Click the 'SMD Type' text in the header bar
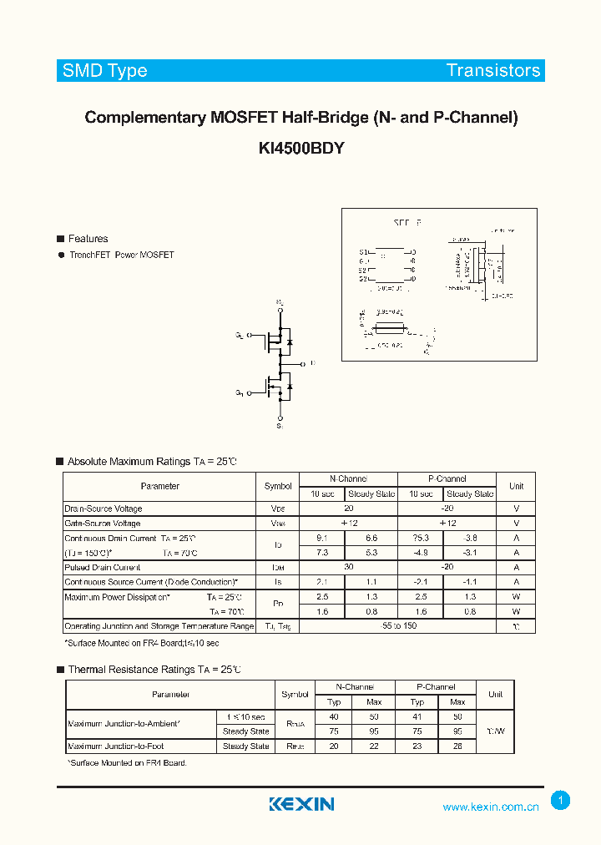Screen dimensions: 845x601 point(104,71)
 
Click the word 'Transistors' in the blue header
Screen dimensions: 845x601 point(493,71)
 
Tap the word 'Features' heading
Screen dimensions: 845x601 point(88,239)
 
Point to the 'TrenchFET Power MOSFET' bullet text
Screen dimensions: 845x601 point(121,255)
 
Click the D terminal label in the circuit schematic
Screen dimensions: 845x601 point(312,363)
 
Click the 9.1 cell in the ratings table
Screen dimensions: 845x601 point(322,538)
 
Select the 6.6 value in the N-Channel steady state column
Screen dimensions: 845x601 point(371,538)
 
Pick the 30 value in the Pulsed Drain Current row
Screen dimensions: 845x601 point(346,567)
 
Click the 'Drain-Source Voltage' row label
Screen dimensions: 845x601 point(104,509)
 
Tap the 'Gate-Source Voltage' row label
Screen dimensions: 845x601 point(103,524)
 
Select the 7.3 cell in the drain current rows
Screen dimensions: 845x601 point(322,552)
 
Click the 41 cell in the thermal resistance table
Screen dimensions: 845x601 point(417,717)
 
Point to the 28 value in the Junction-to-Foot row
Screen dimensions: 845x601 point(457,746)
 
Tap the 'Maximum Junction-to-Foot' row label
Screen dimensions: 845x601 point(116,746)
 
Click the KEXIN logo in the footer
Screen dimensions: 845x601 point(301,804)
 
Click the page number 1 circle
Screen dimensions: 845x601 point(561,801)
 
